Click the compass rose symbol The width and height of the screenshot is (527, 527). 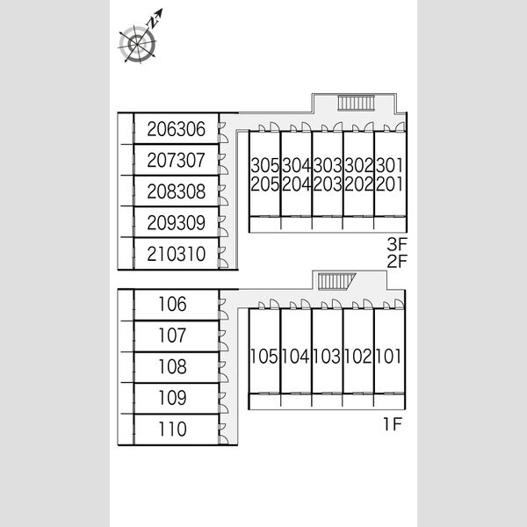coord(138,44)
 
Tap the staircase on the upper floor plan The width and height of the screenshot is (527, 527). coord(356,103)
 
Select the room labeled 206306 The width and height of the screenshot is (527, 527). coord(177,129)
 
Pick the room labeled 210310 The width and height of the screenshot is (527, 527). coord(177,254)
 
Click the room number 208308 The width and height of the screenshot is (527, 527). coord(177,191)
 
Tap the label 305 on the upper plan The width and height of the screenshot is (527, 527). coord(265,165)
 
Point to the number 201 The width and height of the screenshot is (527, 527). coord(389,184)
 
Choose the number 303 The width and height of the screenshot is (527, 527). coord(328,165)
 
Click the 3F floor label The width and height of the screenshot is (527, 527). coord(397,244)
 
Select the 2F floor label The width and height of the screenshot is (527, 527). coord(397,261)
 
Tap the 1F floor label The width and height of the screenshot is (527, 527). coord(393,424)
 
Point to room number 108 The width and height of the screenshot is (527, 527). coord(172,366)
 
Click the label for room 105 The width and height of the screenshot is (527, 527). coord(264,357)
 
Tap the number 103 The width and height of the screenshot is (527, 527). coord(327,357)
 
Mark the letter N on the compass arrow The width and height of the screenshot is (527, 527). coord(152,23)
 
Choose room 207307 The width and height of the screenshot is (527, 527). coord(177,160)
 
